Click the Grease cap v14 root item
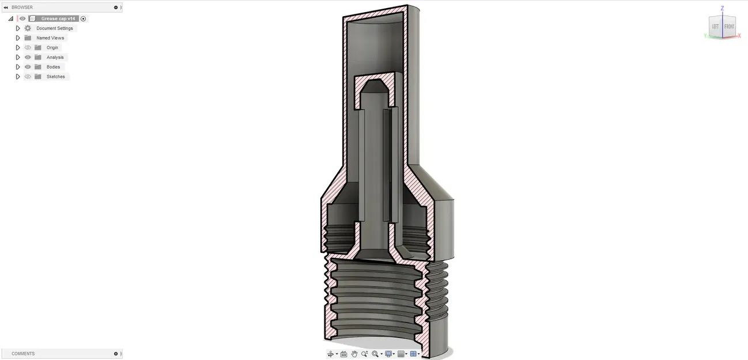point(58,18)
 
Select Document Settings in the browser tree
point(55,28)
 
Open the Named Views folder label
point(50,38)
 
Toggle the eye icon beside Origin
point(28,48)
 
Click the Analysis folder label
point(55,58)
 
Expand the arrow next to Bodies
point(18,67)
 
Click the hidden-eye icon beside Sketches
point(28,77)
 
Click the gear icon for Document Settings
point(28,28)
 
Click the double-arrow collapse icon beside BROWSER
point(6,7)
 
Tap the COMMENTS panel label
point(23,354)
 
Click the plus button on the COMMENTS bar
point(116,354)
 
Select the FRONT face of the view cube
point(729,27)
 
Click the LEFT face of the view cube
point(715,27)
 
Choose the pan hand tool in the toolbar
point(354,354)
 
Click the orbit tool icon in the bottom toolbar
point(331,354)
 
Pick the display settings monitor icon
point(388,354)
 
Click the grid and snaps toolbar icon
point(401,354)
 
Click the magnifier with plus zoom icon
point(365,354)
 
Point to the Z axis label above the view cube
point(722,9)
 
